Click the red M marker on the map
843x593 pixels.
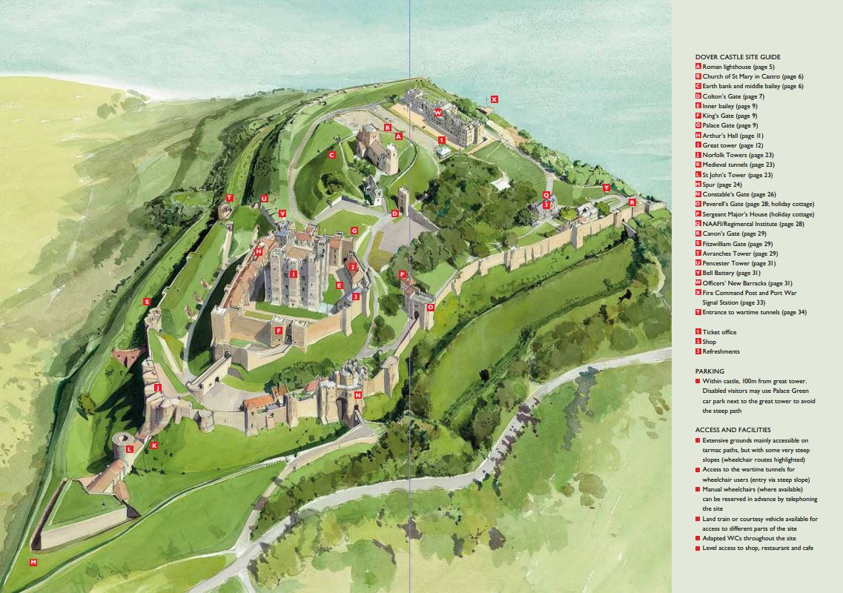click(x=33, y=563)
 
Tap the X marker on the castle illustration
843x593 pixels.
click(x=495, y=99)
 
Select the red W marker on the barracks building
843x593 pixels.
click(x=438, y=113)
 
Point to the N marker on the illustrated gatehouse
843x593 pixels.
click(x=358, y=395)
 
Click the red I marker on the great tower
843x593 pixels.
click(x=294, y=274)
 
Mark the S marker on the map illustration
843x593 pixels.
click(x=147, y=302)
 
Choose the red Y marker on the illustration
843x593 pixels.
click(x=606, y=188)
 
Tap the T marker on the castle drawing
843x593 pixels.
click(x=230, y=198)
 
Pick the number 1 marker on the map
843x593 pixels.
click(x=442, y=139)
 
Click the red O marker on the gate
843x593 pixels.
click(x=430, y=306)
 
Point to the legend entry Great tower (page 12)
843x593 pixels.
click(x=727, y=145)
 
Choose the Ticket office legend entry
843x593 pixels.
click(x=721, y=332)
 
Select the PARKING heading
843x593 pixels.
click(x=710, y=371)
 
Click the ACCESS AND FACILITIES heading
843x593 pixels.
click(x=733, y=430)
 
